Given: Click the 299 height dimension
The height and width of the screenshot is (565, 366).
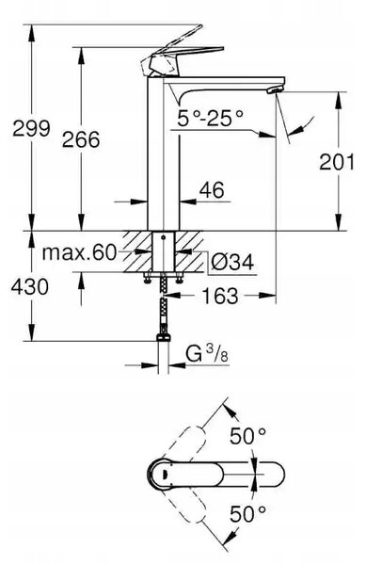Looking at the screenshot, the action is pyautogui.click(x=31, y=129).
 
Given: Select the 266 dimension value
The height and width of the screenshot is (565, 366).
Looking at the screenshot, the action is pyautogui.click(x=81, y=139).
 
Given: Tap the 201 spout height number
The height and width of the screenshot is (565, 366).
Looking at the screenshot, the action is pyautogui.click(x=337, y=162).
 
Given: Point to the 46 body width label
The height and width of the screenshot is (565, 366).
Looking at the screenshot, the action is pyautogui.click(x=212, y=190).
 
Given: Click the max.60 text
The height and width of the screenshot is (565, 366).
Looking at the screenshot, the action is pyautogui.click(x=80, y=252).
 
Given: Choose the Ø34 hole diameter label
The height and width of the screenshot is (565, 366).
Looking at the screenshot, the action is pyautogui.click(x=232, y=263).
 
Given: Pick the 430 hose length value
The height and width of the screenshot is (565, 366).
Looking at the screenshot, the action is pyautogui.click(x=29, y=287).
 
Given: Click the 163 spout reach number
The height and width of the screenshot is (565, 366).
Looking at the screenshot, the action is pyautogui.click(x=220, y=296).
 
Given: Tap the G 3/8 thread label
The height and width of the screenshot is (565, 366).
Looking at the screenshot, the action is pyautogui.click(x=207, y=353).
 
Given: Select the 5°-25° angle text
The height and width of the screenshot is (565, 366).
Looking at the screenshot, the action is pyautogui.click(x=210, y=118).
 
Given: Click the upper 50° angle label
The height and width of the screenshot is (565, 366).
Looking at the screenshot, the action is pyautogui.click(x=248, y=436).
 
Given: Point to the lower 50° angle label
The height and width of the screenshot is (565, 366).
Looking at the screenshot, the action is pyautogui.click(x=248, y=513).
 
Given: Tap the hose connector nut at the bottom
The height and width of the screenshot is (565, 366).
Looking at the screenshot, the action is pyautogui.click(x=164, y=338).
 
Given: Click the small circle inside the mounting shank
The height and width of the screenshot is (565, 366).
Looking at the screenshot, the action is pyautogui.click(x=164, y=237).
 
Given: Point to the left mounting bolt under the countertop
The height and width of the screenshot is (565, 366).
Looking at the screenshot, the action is pyautogui.click(x=147, y=278).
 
